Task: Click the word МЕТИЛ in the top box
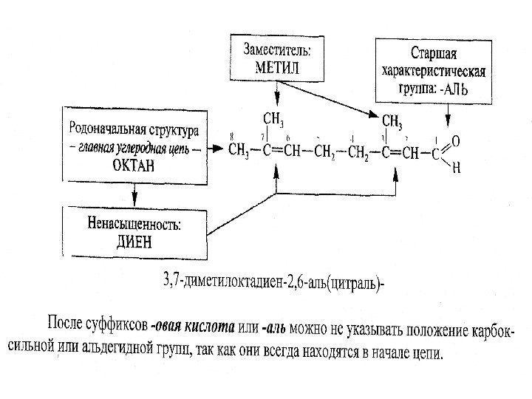(x=277, y=66)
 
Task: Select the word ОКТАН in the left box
(x=134, y=166)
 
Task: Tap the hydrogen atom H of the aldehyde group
(x=455, y=168)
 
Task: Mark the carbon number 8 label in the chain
(x=233, y=137)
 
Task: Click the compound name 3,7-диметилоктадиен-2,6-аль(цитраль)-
(x=273, y=281)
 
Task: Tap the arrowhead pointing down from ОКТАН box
(x=134, y=200)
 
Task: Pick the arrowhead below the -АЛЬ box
(x=448, y=124)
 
